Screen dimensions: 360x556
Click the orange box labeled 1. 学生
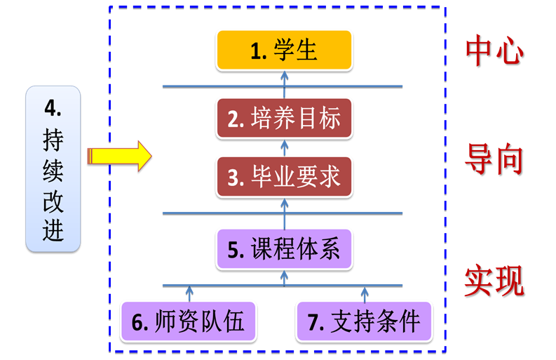click(x=284, y=51)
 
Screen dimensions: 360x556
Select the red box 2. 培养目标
click(x=284, y=119)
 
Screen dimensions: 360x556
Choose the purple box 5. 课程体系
click(x=284, y=248)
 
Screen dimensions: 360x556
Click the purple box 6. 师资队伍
click(x=188, y=321)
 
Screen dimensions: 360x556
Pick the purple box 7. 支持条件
click(x=363, y=321)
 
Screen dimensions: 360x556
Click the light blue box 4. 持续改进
click(x=53, y=168)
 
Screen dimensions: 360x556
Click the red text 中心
click(x=494, y=51)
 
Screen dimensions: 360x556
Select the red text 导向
click(x=494, y=159)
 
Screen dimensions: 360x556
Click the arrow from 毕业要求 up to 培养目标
click(x=284, y=147)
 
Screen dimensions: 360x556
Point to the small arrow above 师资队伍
click(x=189, y=293)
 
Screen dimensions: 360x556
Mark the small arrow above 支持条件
click(x=365, y=293)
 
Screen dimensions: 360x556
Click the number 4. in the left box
click(x=53, y=107)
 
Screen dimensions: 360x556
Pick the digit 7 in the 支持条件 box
click(x=314, y=322)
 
